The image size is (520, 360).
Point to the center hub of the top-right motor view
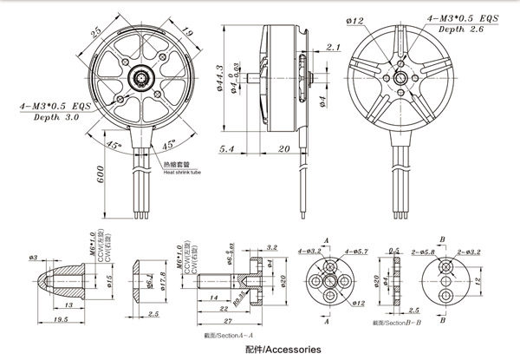pos(401,77)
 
